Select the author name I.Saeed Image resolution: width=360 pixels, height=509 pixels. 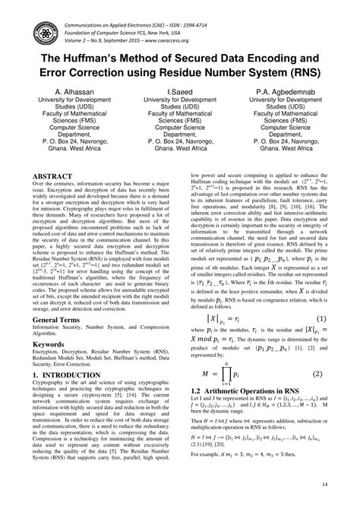point(179,90)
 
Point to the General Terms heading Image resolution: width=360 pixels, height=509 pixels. point(60,321)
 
